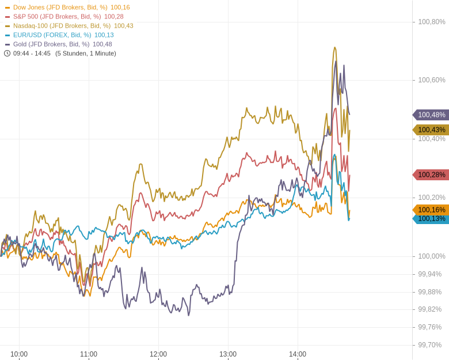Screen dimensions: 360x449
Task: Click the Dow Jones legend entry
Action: [x=60, y=7]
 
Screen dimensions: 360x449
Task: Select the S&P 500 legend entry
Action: [x=57, y=17]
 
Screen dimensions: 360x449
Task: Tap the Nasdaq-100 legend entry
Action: [x=62, y=26]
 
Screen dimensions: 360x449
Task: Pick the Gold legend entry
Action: [x=51, y=44]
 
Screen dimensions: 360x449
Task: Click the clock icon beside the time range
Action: [x=7, y=54]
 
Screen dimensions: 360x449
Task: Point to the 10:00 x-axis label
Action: [x=19, y=354]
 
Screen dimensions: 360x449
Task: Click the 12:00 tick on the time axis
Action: [x=158, y=354]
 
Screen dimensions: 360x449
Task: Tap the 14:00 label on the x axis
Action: [x=298, y=354]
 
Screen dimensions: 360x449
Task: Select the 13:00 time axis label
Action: [x=228, y=354]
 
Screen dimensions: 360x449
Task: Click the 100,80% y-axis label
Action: [x=432, y=22]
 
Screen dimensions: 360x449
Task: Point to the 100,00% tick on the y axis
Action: [x=432, y=256]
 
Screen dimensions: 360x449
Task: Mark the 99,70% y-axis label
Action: [x=430, y=345]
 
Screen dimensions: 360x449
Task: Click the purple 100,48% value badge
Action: [x=431, y=115]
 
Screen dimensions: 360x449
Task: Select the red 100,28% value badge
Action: [x=431, y=175]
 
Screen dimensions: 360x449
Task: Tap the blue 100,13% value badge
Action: [x=431, y=219]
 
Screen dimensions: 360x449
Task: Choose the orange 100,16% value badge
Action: [x=431, y=210]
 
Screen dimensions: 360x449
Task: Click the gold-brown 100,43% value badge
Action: [x=431, y=130]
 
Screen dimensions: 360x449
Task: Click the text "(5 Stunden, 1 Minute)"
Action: [x=86, y=54]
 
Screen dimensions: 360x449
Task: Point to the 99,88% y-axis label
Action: [x=430, y=292]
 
